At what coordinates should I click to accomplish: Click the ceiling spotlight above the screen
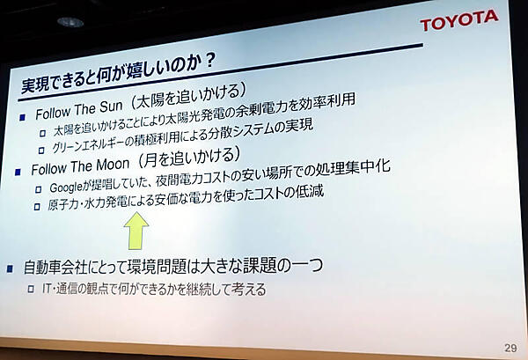pyautogui.click(x=70, y=20)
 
